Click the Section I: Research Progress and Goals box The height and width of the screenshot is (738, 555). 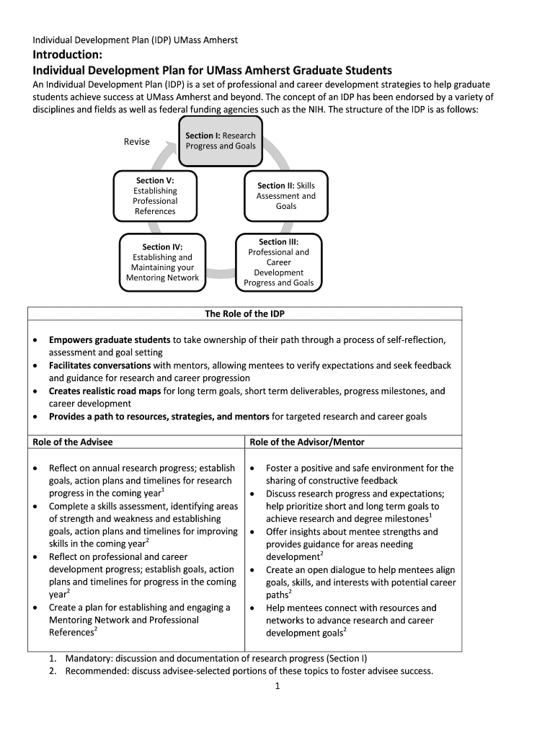pos(220,141)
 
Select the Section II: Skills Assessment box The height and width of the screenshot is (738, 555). pos(285,195)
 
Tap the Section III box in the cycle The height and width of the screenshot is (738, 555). pos(278,262)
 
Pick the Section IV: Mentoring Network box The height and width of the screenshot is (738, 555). pos(162,262)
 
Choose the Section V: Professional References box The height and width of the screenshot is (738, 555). pos(155,195)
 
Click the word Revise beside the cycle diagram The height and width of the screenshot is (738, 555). pos(136,141)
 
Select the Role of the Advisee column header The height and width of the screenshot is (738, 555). pos(72,442)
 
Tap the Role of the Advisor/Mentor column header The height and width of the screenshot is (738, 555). pos(307,442)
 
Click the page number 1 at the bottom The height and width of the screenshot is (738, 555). pos(277,686)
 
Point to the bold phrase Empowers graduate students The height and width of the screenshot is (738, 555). pos(110,339)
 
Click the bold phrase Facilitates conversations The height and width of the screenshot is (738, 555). pos(99,365)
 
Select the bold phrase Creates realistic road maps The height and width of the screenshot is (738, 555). pos(105,391)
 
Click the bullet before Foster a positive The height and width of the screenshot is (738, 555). pos(252,468)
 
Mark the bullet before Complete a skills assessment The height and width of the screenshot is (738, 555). pos(36,507)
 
